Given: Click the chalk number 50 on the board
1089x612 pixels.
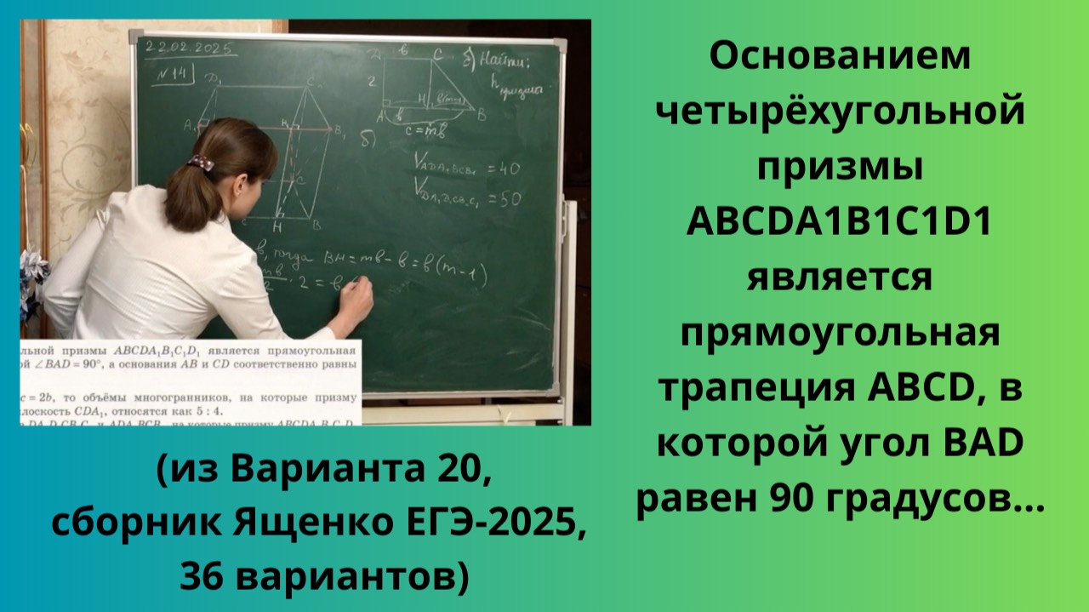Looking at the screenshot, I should [508, 200].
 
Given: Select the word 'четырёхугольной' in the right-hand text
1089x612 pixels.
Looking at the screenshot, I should [840, 112].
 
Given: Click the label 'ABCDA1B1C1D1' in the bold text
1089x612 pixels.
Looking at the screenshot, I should [840, 223].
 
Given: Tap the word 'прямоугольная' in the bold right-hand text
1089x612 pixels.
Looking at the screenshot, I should [840, 334].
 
